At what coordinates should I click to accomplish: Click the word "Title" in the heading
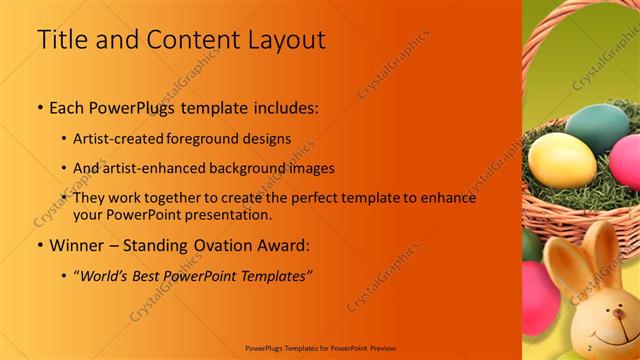[59, 40]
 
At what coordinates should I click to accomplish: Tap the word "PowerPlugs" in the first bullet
[132, 106]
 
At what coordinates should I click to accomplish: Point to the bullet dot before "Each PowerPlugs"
[39, 107]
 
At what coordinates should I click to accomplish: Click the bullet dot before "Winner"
[39, 245]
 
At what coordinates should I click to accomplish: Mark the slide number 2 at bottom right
[590, 347]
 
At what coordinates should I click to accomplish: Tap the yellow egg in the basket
[561, 160]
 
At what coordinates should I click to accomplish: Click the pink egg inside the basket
[627, 161]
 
